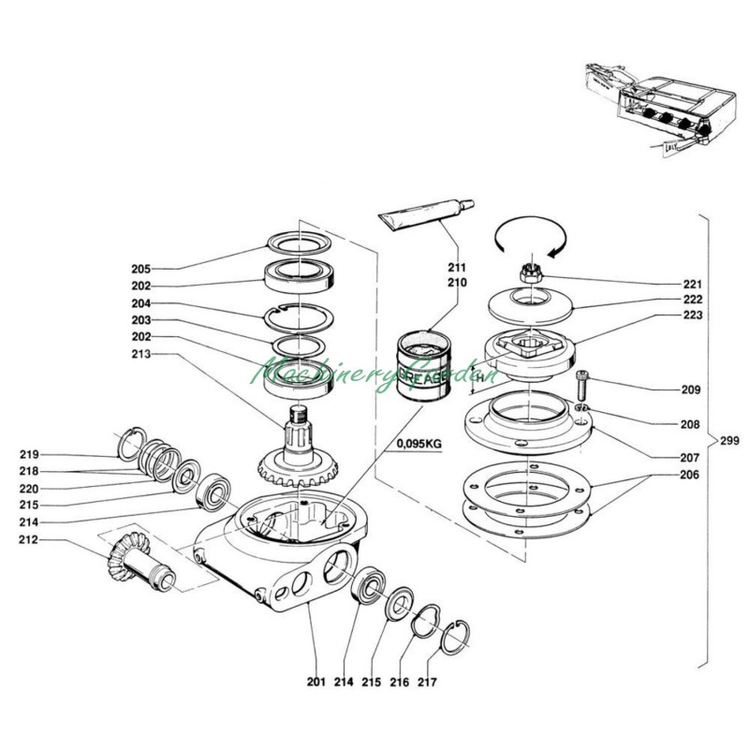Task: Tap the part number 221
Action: tap(692, 283)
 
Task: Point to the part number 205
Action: tap(141, 269)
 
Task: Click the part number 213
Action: tap(141, 354)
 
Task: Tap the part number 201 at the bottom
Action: tap(315, 682)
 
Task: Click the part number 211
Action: tap(457, 267)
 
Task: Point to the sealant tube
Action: tap(426, 214)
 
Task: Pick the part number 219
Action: tap(29, 454)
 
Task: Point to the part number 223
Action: tap(692, 316)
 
